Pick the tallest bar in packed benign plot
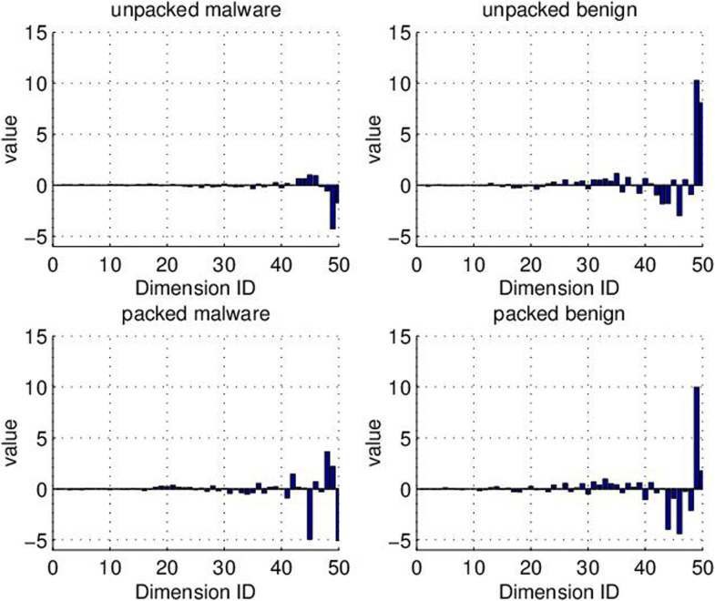point(696,438)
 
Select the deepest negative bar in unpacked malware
point(332,207)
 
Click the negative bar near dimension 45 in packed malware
point(310,514)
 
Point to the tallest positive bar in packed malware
point(327,470)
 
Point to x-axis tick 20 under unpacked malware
point(167,263)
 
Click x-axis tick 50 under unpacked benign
point(701,263)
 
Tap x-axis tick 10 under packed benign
point(474,567)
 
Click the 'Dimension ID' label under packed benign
point(558,590)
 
